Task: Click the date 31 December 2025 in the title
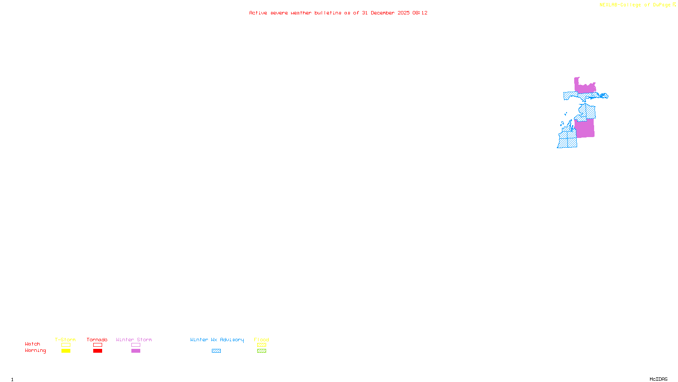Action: [386, 13]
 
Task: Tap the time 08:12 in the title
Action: [420, 13]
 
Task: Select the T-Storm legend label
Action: [65, 340]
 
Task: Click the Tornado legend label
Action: [97, 340]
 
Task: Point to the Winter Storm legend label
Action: [134, 340]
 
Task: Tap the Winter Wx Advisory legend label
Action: [217, 340]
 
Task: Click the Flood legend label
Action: [261, 340]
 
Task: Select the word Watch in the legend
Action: [33, 344]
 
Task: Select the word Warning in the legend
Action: [36, 351]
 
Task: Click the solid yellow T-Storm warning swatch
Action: [66, 351]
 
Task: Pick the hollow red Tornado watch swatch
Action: [97, 345]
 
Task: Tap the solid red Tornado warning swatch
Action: [97, 351]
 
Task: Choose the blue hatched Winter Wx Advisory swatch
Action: [216, 351]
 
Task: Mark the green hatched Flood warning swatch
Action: [261, 351]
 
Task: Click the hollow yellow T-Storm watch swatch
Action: [66, 345]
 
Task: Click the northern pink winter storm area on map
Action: [585, 88]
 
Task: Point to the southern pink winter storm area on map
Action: [585, 128]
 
